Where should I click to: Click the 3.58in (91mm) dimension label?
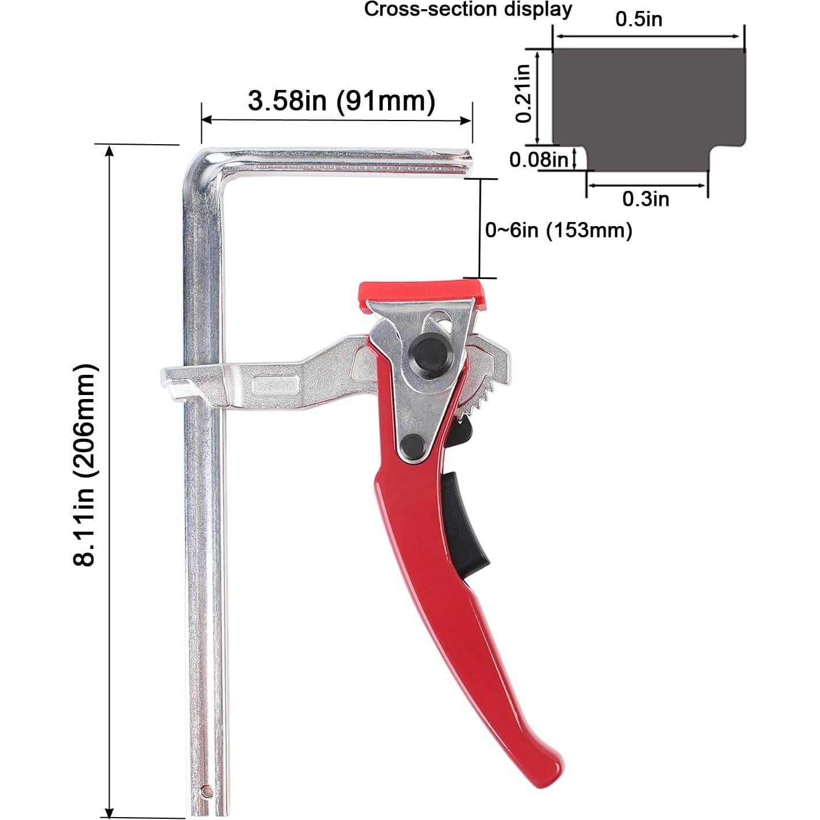click(341, 101)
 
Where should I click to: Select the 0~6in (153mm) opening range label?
click(558, 231)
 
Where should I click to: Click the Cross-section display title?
click(468, 10)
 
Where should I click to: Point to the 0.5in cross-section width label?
click(638, 19)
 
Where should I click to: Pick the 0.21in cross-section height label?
click(523, 93)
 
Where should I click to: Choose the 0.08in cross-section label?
click(539, 159)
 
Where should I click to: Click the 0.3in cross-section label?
click(645, 199)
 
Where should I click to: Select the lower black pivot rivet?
click(413, 445)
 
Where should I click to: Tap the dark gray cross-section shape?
click(648, 104)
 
